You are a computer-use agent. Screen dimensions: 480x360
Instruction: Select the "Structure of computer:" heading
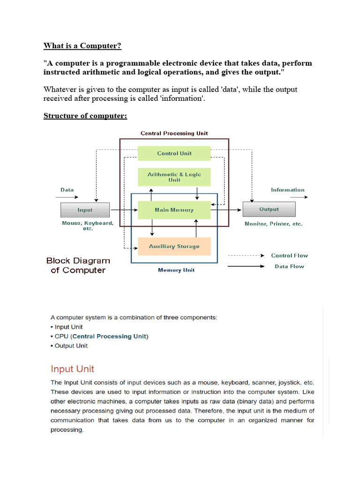click(85, 115)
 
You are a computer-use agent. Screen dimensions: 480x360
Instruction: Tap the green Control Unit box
click(174, 153)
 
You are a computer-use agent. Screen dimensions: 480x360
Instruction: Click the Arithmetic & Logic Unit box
click(174, 177)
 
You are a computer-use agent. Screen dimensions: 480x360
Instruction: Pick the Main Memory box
click(174, 210)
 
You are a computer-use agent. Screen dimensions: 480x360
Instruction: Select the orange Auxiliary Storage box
click(174, 246)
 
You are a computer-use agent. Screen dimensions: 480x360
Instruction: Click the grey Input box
click(85, 210)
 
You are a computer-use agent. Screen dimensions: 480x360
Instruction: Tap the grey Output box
click(269, 210)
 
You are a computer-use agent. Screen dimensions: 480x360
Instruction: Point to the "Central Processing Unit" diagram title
click(174, 133)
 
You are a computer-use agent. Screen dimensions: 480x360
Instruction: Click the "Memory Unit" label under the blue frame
click(176, 270)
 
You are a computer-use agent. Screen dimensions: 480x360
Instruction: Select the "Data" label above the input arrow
click(67, 190)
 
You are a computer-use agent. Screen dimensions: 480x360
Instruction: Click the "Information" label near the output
click(287, 190)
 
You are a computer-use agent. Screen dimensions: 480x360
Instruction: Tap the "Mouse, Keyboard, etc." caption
click(88, 225)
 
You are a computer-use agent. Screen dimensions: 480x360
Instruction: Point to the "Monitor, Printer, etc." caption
click(273, 224)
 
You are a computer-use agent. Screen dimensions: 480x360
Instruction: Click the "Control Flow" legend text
click(289, 255)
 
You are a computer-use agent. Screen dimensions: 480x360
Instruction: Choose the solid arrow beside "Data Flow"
click(246, 266)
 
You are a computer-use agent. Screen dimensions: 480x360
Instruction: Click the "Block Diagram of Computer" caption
click(78, 265)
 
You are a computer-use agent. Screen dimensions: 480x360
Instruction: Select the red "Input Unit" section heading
click(72, 369)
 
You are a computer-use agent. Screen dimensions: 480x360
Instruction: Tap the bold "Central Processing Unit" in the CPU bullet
click(110, 336)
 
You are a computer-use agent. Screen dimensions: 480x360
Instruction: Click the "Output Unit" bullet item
click(71, 345)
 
